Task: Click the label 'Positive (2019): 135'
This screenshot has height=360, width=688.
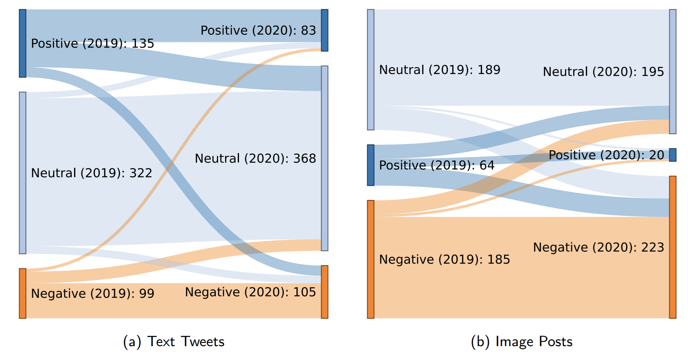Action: tap(92, 44)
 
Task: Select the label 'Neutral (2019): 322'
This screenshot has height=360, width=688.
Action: tap(91, 173)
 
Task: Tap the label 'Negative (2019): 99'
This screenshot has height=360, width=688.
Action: tap(92, 294)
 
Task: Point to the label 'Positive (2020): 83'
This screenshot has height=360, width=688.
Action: tap(258, 31)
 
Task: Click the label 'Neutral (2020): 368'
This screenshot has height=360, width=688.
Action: tap(255, 158)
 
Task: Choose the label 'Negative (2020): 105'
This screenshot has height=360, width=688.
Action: tap(250, 292)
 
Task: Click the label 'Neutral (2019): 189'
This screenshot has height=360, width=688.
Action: tap(439, 70)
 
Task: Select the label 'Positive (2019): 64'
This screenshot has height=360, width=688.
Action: tap(436, 165)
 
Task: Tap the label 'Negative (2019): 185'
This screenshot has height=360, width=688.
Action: tap(444, 259)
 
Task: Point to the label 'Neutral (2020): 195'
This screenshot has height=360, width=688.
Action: tap(603, 72)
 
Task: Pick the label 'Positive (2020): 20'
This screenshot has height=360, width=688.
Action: tap(606, 155)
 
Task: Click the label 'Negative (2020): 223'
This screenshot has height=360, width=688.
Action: tap(598, 247)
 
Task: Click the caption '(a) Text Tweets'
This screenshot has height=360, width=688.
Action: tap(173, 342)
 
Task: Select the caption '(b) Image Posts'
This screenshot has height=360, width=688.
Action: tap(521, 342)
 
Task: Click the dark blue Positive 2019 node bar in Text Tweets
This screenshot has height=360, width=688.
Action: tap(23, 43)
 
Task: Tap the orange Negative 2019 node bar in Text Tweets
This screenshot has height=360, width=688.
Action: tap(23, 293)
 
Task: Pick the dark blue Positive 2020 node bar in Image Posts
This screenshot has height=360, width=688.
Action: tap(673, 155)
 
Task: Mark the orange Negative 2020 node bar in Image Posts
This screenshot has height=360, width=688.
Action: tap(673, 247)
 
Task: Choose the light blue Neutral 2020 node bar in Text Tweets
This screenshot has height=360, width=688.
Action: tap(324, 158)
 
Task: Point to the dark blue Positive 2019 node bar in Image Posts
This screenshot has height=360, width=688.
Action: tap(370, 165)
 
